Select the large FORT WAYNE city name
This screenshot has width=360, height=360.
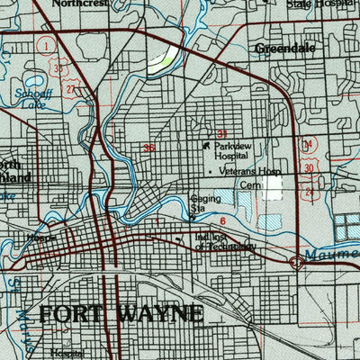pyautogui.click(x=121, y=314)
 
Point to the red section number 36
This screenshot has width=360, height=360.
pyautogui.click(x=149, y=148)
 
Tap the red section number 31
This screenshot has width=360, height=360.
pyautogui.click(x=221, y=133)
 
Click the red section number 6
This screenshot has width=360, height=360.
pyautogui.click(x=221, y=207)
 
